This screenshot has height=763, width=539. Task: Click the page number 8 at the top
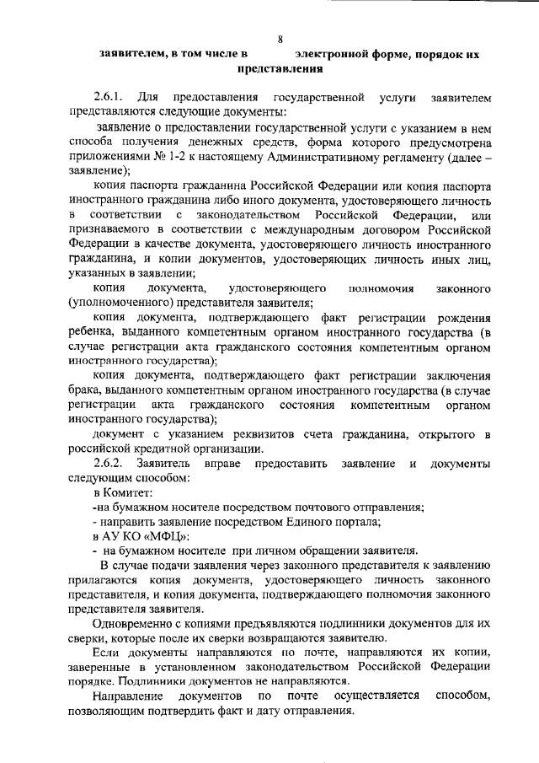coord(280,38)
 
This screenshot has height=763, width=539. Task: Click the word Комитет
coord(130,492)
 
